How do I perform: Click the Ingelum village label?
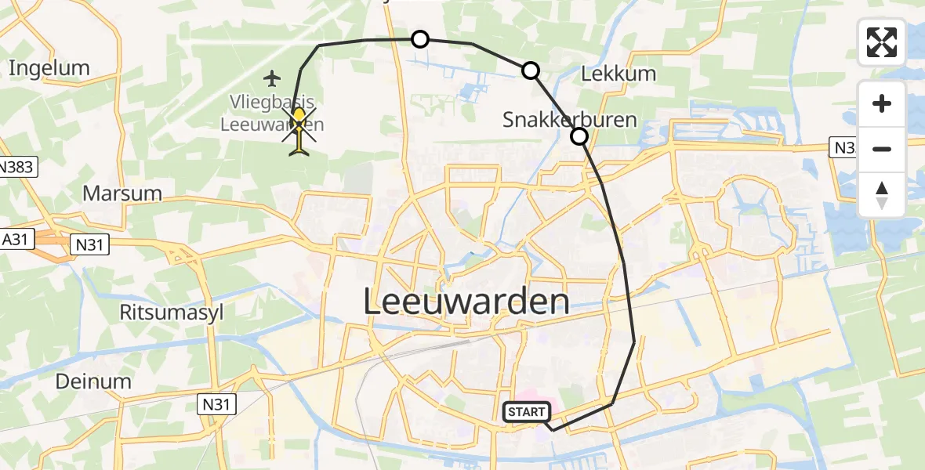[x=49, y=68]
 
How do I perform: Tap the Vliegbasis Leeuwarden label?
[x=272, y=113]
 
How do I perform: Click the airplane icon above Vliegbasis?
[x=272, y=78]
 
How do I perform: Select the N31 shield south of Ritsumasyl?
[x=215, y=403]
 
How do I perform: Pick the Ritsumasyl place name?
[x=171, y=312]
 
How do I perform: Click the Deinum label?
[x=92, y=381]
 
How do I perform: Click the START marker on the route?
[x=524, y=412]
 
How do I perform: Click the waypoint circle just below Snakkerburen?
[x=579, y=137]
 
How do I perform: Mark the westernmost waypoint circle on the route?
[x=420, y=39]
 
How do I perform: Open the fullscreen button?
[x=882, y=42]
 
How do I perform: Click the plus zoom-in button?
[x=882, y=103]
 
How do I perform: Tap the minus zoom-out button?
[x=882, y=149]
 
